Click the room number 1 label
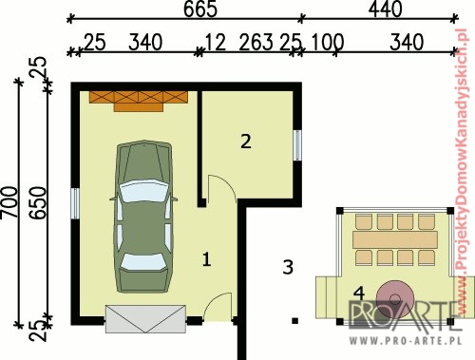click(206, 259)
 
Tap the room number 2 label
click(246, 142)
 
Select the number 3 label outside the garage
click(288, 267)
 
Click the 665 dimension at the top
click(200, 9)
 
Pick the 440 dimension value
click(386, 9)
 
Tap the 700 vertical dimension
click(9, 202)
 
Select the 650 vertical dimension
click(38, 203)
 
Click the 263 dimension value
click(256, 42)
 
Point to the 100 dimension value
click(328, 42)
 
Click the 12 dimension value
click(216, 42)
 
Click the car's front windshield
click(144, 191)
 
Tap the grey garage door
click(145, 319)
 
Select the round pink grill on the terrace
click(395, 298)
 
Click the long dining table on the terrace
click(395, 239)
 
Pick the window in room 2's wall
click(297, 145)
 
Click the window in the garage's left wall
click(75, 203)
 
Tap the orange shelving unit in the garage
click(139, 102)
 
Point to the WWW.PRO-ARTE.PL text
click(406, 341)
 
